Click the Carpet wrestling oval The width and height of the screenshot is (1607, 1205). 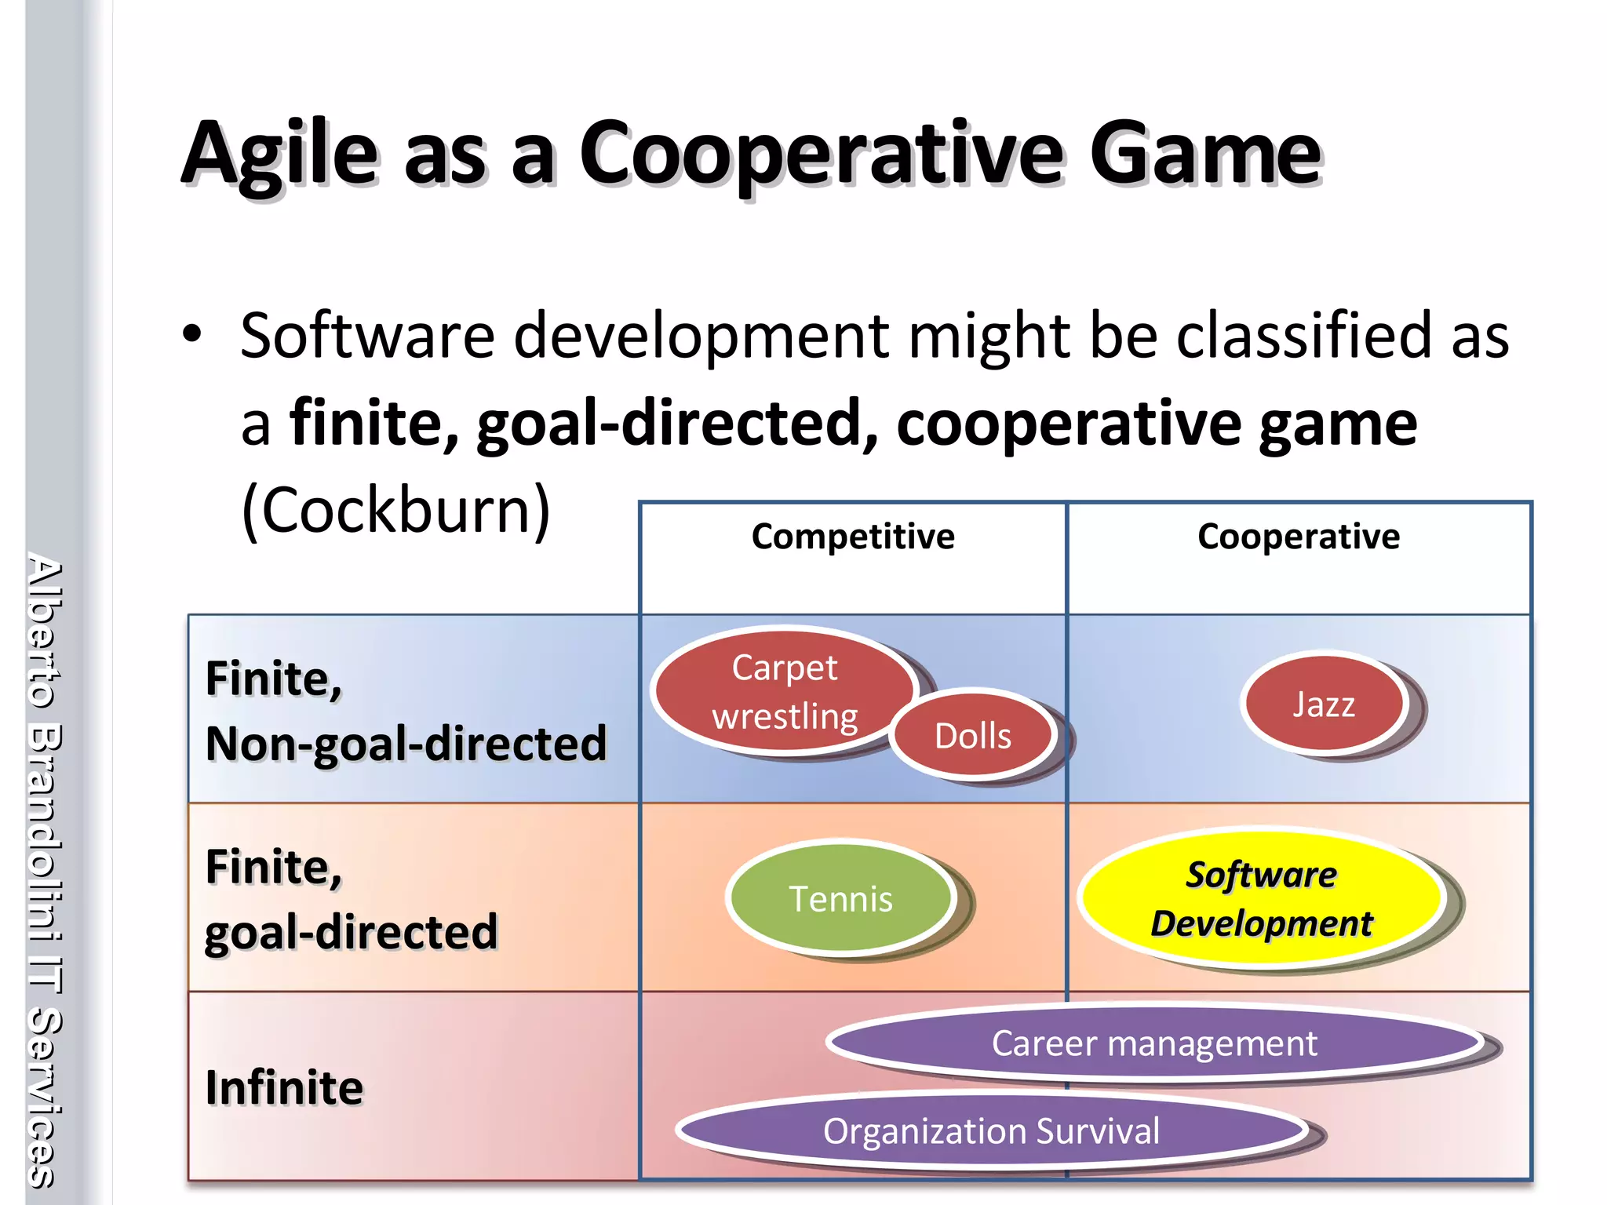[785, 691]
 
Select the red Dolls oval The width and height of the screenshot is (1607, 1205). [973, 736]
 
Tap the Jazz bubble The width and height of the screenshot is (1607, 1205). [1324, 704]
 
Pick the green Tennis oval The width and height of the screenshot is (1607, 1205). [840, 898]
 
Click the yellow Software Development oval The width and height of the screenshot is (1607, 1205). [1261, 898]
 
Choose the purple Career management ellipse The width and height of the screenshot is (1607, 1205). [1153, 1043]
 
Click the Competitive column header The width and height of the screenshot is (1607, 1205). [853, 537]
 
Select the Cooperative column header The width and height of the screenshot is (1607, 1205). [1299, 537]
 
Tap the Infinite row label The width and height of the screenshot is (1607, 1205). [284, 1087]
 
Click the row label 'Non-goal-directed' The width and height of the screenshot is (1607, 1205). [406, 743]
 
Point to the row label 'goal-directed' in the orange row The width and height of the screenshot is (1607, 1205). [351, 932]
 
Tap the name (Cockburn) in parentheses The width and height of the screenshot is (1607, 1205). [396, 510]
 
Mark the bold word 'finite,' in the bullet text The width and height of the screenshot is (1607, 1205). [374, 424]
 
